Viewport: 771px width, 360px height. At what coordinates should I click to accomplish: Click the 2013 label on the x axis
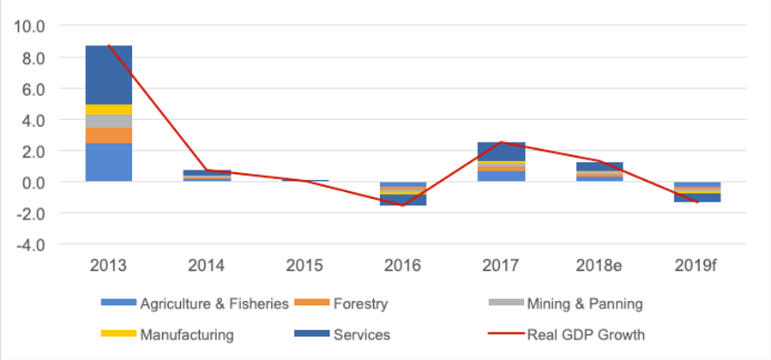point(108,266)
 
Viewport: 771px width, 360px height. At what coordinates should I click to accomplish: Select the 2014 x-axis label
point(206,266)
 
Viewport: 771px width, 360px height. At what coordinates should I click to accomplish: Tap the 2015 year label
point(304,266)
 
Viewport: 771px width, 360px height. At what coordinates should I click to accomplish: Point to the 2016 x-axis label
point(402,266)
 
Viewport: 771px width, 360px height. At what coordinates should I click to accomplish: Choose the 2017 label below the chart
point(501,266)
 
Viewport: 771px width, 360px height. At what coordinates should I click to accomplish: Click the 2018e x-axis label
point(599,266)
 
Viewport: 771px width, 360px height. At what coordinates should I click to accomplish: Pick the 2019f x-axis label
point(696,266)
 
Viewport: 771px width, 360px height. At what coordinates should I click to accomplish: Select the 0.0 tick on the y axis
point(33,183)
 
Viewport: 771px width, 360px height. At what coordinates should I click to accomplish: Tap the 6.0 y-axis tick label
point(33,89)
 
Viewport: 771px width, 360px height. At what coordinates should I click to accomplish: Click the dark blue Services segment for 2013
point(108,75)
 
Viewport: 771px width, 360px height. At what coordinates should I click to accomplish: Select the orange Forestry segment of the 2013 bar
point(108,135)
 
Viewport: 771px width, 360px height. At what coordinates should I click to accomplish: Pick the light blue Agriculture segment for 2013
point(108,163)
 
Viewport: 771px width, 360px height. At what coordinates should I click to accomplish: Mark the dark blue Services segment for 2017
point(501,151)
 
